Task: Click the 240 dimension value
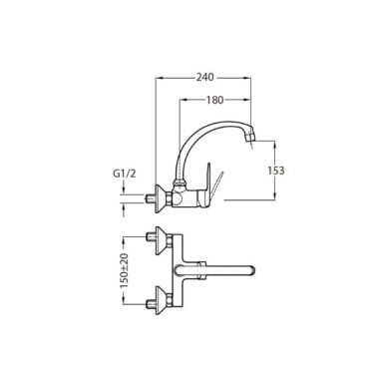[204, 77]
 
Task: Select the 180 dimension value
[214, 100]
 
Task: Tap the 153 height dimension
[276, 171]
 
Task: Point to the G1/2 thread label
[125, 174]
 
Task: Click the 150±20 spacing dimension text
[125, 270]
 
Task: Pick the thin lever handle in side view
[218, 183]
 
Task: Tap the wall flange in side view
[161, 199]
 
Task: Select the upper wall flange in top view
[161, 241]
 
